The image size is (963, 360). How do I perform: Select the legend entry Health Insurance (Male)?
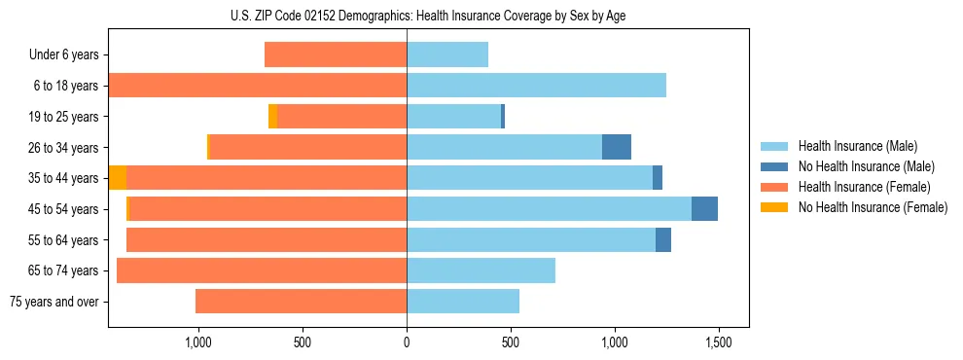click(857, 146)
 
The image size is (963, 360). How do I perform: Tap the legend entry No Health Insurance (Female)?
click(873, 207)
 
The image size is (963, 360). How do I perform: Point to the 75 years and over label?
click(53, 302)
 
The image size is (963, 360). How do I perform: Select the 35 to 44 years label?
click(64, 178)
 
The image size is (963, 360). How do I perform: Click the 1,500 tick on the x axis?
click(719, 343)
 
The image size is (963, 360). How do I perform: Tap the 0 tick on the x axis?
click(407, 343)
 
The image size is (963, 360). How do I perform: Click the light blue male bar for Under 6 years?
click(447, 54)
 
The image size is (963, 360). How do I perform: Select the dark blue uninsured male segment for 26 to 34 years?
click(617, 147)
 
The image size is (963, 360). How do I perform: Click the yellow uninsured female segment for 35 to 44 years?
click(118, 178)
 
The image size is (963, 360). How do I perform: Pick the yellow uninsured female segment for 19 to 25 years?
click(272, 117)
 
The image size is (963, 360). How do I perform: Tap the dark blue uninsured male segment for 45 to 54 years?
click(704, 209)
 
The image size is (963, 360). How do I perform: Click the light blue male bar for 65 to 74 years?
click(481, 270)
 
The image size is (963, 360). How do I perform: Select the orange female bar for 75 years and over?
click(301, 302)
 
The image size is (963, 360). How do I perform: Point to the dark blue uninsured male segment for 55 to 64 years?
click(663, 239)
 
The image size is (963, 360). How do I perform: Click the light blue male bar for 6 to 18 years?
click(536, 86)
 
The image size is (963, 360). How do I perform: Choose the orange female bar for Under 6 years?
click(336, 54)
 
